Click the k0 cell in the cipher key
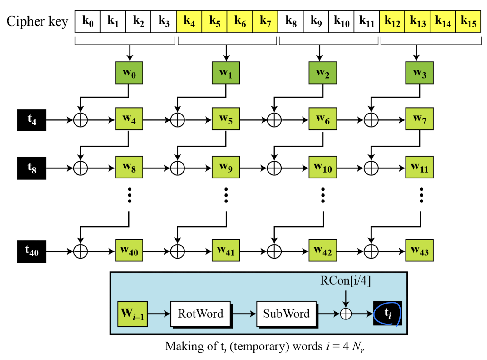pyautogui.click(x=87, y=21)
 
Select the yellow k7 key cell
pyautogui.click(x=265, y=21)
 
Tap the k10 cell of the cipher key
pyautogui.click(x=341, y=21)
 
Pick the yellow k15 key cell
pyautogui.click(x=468, y=21)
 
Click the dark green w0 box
pyautogui.click(x=129, y=73)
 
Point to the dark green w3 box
pyautogui.click(x=419, y=73)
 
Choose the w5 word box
pyautogui.click(x=226, y=119)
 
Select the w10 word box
pyautogui.click(x=323, y=167)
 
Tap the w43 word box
pyautogui.click(x=419, y=250)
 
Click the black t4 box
pyautogui.click(x=32, y=120)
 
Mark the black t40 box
pyautogui.click(x=32, y=251)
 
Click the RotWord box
pyautogui.click(x=200, y=314)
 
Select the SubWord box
pyautogui.click(x=286, y=314)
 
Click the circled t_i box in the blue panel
pyautogui.click(x=387, y=313)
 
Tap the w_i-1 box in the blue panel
pyautogui.click(x=132, y=314)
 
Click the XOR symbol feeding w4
pyautogui.click(x=81, y=120)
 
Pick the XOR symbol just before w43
pyautogui.click(x=371, y=251)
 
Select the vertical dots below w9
pyautogui.click(x=226, y=195)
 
